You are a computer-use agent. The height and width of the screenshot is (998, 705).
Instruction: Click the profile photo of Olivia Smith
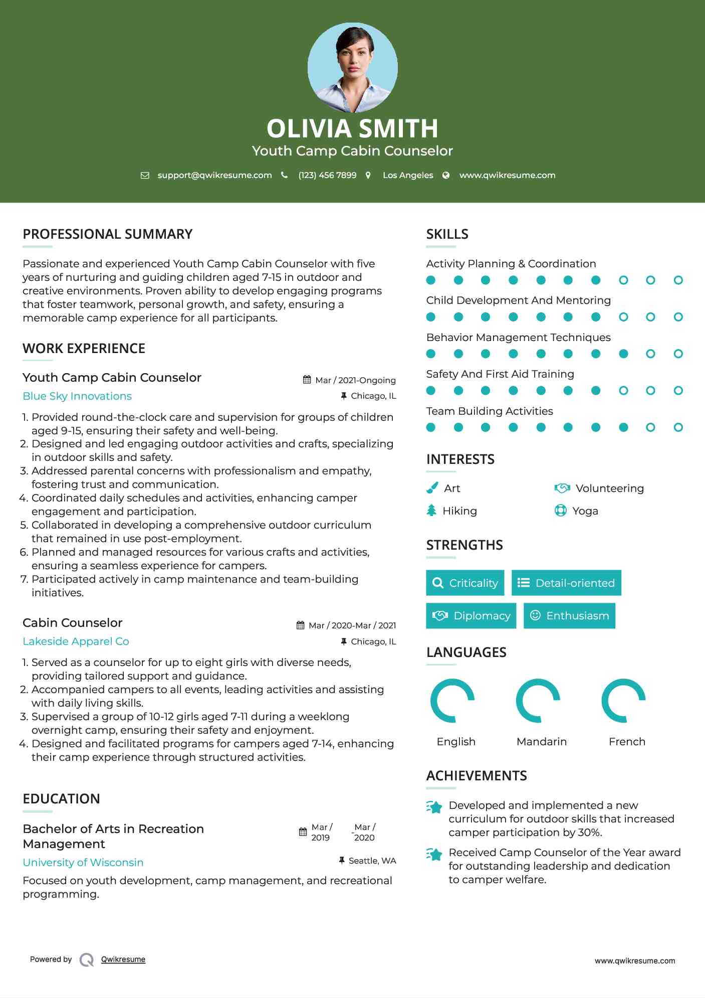[352, 67]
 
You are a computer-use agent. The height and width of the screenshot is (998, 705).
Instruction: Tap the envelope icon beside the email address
[145, 176]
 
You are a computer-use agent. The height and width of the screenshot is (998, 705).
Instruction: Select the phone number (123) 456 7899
[327, 176]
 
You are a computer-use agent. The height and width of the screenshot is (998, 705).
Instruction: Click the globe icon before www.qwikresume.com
[446, 176]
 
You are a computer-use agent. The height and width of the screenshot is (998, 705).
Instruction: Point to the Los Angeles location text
[407, 176]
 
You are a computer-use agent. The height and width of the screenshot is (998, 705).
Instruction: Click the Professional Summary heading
[107, 234]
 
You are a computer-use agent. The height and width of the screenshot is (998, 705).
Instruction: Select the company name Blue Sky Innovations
[77, 396]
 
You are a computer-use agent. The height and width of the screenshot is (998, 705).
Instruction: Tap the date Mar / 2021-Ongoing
[355, 380]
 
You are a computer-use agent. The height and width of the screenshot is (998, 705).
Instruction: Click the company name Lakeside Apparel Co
[76, 641]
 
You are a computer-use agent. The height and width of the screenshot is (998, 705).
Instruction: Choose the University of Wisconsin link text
[83, 863]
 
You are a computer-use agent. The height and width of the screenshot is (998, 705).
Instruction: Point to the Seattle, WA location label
[372, 861]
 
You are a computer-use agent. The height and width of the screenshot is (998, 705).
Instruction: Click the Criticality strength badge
[465, 583]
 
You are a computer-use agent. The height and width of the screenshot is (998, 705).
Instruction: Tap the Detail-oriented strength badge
[566, 583]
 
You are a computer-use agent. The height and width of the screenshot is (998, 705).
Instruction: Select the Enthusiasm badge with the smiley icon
[569, 616]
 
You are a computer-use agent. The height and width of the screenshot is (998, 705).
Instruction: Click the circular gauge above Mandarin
[538, 701]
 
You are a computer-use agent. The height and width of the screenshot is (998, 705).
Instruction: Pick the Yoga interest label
[585, 511]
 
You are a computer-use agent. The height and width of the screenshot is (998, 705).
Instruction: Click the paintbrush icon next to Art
[432, 488]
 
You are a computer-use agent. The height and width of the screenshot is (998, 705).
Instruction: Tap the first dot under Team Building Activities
[431, 427]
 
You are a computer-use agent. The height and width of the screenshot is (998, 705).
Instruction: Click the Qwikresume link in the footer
[123, 959]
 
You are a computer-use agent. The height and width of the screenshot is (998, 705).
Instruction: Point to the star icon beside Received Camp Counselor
[434, 854]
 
